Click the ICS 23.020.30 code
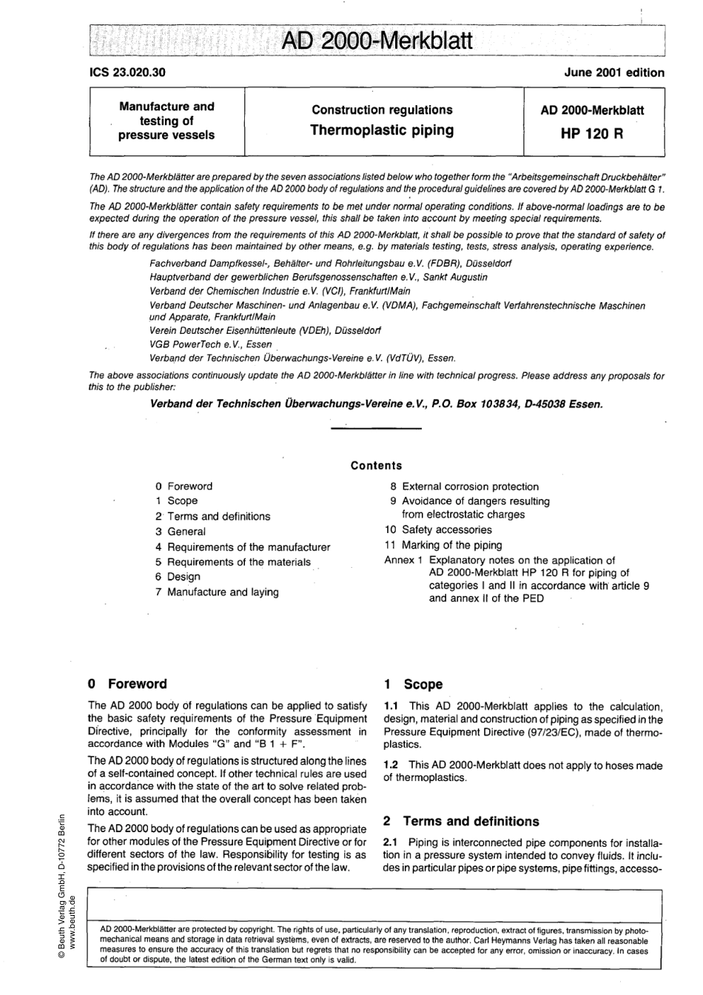(127, 73)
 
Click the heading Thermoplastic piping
(381, 131)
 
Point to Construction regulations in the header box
(381, 110)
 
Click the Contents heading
(376, 466)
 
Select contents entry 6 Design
(178, 577)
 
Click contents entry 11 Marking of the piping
(443, 546)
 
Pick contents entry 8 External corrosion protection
(464, 486)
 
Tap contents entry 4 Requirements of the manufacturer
(243, 547)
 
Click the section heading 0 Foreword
(127, 684)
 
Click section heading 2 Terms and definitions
(460, 822)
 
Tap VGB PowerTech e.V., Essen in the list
(211, 344)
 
